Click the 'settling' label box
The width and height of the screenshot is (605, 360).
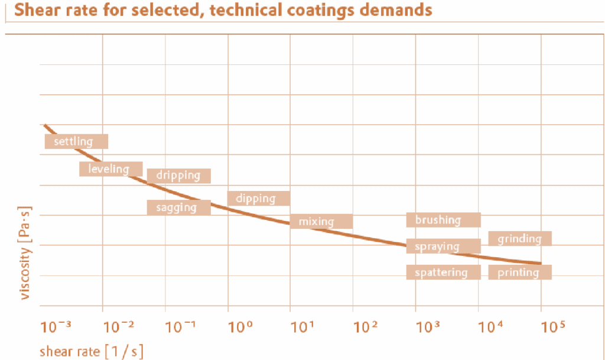[76, 142]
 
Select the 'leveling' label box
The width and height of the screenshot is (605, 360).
[111, 169]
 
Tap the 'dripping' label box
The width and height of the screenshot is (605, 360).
[178, 176]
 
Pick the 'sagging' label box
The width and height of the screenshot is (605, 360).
[178, 207]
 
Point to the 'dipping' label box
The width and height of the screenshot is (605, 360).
[258, 199]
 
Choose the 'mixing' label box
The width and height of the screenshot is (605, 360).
[321, 222]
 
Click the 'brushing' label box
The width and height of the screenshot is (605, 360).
[443, 220]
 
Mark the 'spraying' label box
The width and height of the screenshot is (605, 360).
[443, 247]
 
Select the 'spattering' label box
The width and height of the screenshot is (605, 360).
[443, 273]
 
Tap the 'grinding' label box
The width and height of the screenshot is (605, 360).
[520, 239]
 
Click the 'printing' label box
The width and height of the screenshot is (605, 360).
[520, 273]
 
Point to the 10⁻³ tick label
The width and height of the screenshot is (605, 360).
[56, 326]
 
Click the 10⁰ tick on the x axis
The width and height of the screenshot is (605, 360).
[240, 326]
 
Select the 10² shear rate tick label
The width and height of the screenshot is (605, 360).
[366, 326]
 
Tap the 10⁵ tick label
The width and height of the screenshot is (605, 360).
[554, 326]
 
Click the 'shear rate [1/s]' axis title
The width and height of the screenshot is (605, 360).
[91, 351]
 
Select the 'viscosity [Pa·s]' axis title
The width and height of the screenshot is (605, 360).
[25, 252]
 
